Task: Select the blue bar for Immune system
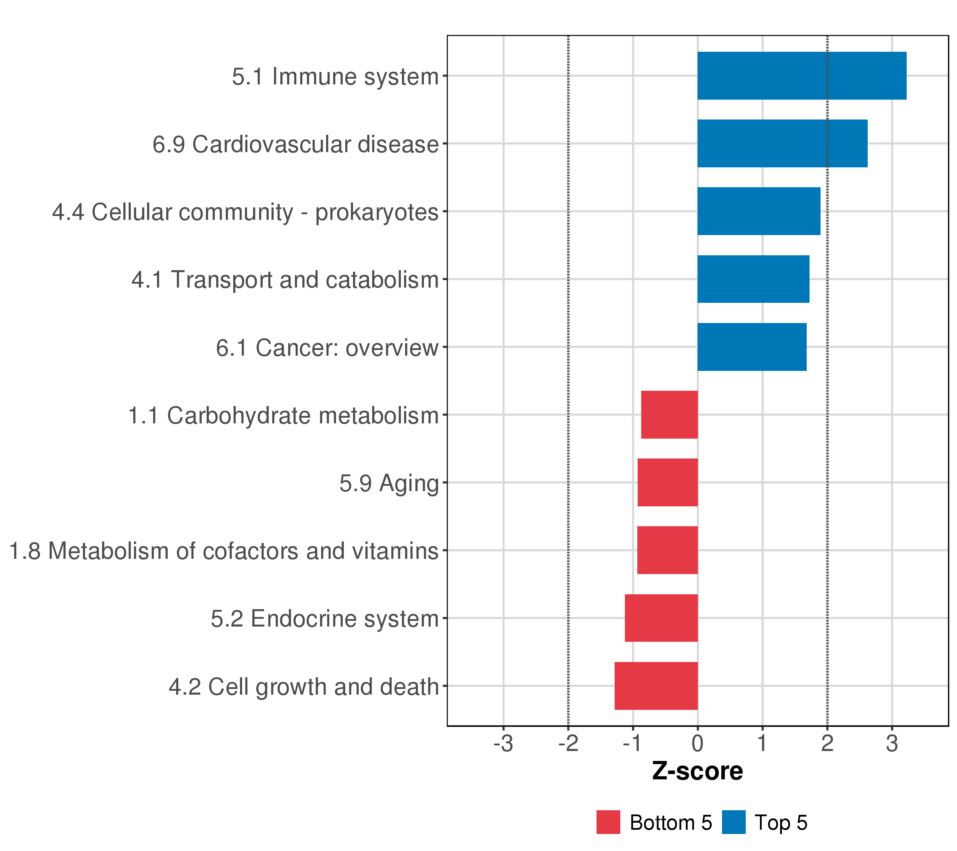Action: pos(801,76)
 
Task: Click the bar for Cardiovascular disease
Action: pos(782,143)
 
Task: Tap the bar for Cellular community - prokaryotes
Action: pos(759,211)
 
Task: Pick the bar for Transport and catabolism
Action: pos(753,279)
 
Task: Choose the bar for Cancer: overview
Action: pos(751,347)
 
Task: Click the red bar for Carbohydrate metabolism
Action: pos(669,415)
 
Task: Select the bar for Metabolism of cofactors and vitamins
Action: pos(667,550)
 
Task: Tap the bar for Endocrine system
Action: pos(661,618)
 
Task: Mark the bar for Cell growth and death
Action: pos(656,686)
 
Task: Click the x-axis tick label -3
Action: pos(503,744)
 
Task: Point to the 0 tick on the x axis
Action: pos(698,744)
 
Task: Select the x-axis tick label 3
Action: pos(892,744)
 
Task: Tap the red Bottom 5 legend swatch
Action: pos(608,822)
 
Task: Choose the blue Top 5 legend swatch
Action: pos(734,822)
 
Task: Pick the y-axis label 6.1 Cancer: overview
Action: pos(327,348)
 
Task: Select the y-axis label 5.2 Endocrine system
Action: pos(324,619)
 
